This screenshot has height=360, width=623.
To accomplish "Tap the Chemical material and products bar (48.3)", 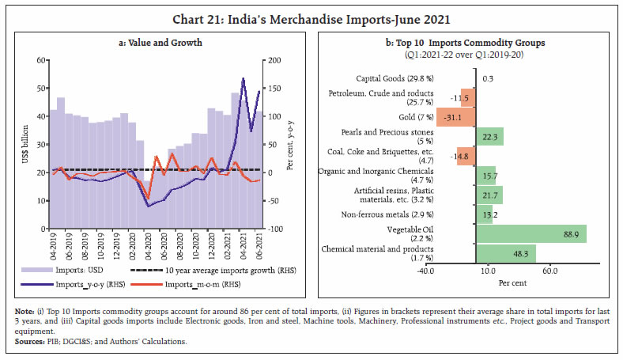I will [x=506, y=253].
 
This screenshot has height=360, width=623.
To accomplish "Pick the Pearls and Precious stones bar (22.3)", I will [x=489, y=136].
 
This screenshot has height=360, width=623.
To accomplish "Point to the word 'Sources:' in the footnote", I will [x=32, y=342].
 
